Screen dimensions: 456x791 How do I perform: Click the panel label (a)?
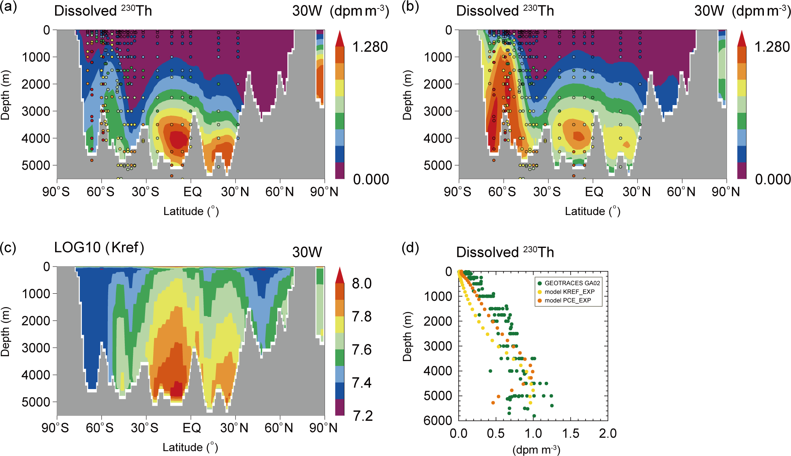tap(9, 7)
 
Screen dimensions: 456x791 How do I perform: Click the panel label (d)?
tap(410, 247)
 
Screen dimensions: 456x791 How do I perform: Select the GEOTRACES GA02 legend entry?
tap(572, 283)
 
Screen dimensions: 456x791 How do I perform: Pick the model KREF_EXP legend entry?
tap(569, 292)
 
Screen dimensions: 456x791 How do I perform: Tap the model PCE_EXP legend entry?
tap(567, 301)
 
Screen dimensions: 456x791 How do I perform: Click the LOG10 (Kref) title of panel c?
tap(99, 247)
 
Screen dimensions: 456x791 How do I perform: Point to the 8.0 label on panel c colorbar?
tap(361, 284)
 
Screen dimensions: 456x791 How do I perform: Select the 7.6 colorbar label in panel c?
tap(361, 350)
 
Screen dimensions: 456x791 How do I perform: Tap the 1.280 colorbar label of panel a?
tap(370, 47)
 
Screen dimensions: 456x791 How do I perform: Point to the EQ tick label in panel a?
tap(192, 192)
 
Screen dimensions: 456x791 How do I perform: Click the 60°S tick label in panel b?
tap(502, 192)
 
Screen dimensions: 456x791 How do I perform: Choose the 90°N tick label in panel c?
tap(323, 428)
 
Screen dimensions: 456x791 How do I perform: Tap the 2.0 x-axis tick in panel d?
tap(607, 434)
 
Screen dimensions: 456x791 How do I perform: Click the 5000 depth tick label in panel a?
tap(36, 166)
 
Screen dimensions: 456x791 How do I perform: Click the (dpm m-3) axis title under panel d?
tap(537, 450)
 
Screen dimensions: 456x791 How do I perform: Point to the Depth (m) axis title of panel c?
tap(5, 332)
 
